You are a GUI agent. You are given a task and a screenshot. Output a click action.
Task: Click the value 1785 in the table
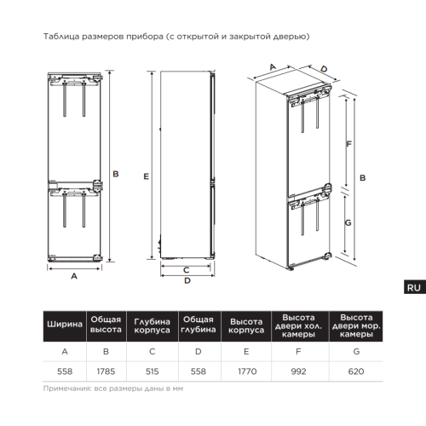(x=106, y=371)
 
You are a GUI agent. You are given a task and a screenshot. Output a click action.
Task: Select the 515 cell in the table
(x=152, y=371)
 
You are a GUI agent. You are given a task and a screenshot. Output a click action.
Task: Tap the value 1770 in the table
(x=247, y=371)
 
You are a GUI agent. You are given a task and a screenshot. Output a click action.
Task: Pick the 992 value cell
(x=298, y=371)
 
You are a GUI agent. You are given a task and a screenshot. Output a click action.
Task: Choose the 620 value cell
(x=356, y=371)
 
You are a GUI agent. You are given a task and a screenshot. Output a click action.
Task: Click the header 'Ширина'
(x=65, y=325)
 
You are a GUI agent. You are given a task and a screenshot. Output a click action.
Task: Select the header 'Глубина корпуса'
(x=152, y=325)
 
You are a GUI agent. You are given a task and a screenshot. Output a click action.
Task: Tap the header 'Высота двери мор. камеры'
(x=356, y=325)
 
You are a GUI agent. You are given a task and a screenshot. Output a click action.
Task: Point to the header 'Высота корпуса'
(x=246, y=325)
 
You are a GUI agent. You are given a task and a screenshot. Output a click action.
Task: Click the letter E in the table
(x=246, y=352)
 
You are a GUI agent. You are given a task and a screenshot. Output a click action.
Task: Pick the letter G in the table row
(x=356, y=352)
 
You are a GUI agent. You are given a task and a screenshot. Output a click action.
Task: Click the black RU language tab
(x=415, y=287)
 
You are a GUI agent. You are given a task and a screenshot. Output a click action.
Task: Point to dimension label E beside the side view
(x=146, y=176)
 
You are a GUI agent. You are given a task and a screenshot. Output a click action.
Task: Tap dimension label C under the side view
(x=187, y=270)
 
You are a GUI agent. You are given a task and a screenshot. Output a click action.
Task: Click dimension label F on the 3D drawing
(x=348, y=144)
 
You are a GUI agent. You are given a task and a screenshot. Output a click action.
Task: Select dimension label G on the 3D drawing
(x=348, y=222)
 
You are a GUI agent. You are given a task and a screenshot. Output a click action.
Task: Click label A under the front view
(x=74, y=276)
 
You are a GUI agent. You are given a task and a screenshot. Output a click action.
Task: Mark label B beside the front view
(x=116, y=174)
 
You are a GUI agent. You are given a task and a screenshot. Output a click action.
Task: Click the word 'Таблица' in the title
(x=61, y=37)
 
